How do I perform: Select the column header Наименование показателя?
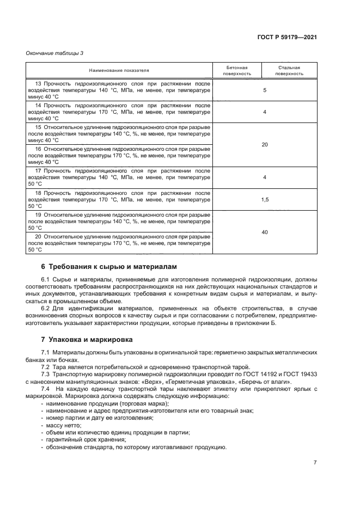[119, 71]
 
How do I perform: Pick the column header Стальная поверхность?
[289, 71]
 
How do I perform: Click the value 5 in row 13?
[264, 90]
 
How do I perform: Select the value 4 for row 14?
[264, 112]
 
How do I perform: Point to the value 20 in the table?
[264, 144]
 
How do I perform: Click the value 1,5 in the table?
[264, 200]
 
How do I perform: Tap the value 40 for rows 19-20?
[264, 232]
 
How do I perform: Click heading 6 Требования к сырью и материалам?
[109, 267]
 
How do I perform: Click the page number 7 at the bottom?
[315, 463]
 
